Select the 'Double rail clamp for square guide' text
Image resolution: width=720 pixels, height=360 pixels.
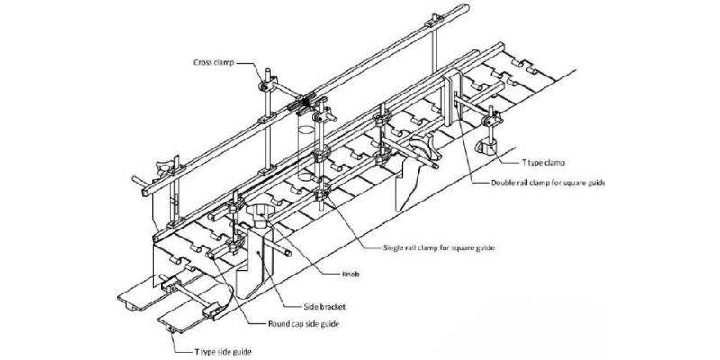[548, 184]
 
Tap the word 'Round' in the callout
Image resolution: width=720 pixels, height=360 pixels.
[253, 322]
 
